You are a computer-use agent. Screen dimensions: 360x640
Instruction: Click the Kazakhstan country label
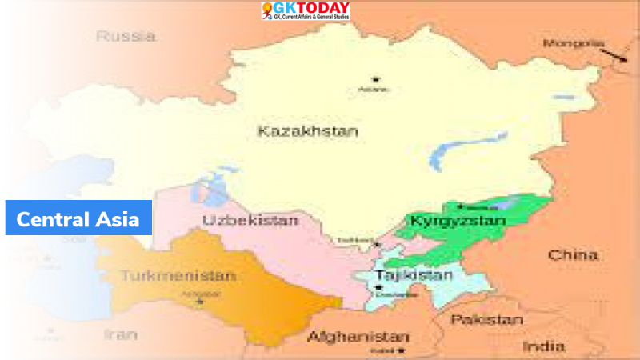pos(308,131)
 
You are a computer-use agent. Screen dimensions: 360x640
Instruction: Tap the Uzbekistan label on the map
pos(239,220)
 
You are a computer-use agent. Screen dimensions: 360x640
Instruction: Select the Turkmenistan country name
pos(178,276)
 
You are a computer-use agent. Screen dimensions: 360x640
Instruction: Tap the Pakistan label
pos(485,319)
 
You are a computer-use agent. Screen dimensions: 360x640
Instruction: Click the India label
pos(544,346)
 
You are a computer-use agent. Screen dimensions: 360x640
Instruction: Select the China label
pos(572,255)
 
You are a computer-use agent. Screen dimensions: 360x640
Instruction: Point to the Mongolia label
pos(574,42)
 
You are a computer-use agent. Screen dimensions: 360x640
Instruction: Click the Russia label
pos(126,36)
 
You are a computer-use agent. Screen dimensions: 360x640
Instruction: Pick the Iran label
pos(121,335)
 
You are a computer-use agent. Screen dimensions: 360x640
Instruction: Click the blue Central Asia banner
pos(78,218)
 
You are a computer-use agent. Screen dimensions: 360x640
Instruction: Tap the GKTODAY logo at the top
pos(305,11)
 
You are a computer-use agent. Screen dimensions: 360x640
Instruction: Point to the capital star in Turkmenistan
pos(201,301)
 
